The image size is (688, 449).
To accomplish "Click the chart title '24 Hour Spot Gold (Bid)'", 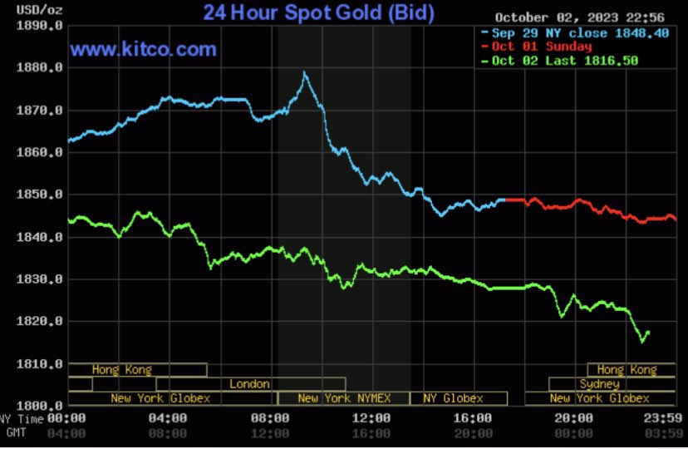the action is pyautogui.click(x=318, y=12).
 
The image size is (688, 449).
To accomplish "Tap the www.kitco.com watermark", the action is pyautogui.click(x=143, y=49).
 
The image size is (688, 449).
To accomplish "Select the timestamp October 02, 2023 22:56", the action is pyautogui.click(x=580, y=17).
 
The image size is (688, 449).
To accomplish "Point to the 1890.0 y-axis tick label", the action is pyautogui.click(x=40, y=26).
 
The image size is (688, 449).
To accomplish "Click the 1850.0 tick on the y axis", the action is pyautogui.click(x=40, y=195).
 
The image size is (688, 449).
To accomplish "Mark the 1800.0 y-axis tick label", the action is pyautogui.click(x=40, y=405).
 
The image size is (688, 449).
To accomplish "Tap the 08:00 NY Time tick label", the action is pyautogui.click(x=270, y=418).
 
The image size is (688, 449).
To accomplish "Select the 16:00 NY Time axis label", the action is pyautogui.click(x=473, y=418).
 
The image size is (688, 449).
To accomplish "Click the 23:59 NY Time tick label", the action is pyautogui.click(x=663, y=418).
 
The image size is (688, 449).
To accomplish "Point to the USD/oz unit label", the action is pyautogui.click(x=40, y=10).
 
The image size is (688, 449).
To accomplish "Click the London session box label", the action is pyautogui.click(x=249, y=384).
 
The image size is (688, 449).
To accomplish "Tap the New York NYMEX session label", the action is pyautogui.click(x=344, y=398).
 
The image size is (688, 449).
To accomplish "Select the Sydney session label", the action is pyautogui.click(x=599, y=384).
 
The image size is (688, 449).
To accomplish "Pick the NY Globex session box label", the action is pyautogui.click(x=453, y=398).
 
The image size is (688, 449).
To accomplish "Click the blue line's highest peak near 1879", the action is pyautogui.click(x=304, y=72).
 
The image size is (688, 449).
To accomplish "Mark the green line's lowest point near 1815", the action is pyautogui.click(x=642, y=342).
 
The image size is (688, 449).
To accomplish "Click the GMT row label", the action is pyautogui.click(x=17, y=432).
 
